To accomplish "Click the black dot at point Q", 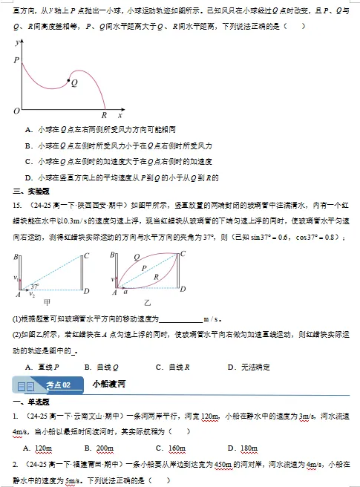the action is [69, 80].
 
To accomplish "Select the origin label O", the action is [16, 111].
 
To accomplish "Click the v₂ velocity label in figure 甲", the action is [31, 294].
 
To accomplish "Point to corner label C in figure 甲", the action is [88, 255].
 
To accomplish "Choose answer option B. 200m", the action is [99, 448].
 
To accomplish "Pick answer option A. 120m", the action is [38, 448].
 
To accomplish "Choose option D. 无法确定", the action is [249, 367].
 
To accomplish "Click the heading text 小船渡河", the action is [108, 385].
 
